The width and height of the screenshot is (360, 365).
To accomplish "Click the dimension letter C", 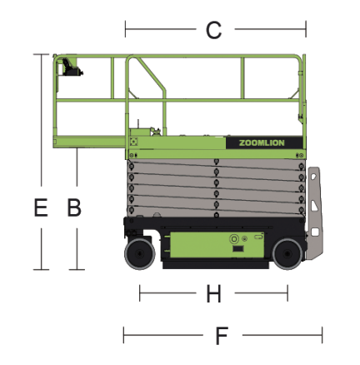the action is tap(213, 30).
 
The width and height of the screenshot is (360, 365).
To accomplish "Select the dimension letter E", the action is tap(41, 207).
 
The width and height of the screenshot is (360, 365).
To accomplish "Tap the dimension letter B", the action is tap(74, 207).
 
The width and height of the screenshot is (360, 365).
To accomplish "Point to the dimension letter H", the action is tap(213, 293).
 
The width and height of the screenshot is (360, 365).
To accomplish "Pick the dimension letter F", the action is tap(222, 336).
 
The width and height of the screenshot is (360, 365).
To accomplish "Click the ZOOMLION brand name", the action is tap(262, 143).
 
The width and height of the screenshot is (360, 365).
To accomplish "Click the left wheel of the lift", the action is tap(139, 254).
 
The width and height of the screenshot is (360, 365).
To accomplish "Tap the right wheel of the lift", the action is tap(287, 254).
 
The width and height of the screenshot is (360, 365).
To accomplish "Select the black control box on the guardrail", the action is tap(71, 67).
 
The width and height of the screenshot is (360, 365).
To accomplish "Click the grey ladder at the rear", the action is tap(315, 214).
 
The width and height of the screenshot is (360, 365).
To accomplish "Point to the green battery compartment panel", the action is tap(217, 245).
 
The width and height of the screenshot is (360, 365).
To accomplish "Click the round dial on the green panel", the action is tap(234, 239).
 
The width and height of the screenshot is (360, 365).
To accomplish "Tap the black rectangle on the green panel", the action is tap(237, 249).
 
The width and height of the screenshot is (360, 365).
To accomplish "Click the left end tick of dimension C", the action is tap(125, 29).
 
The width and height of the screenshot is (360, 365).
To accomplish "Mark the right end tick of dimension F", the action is tap(322, 335).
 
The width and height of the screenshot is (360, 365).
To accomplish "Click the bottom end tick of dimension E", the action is tap(41, 269).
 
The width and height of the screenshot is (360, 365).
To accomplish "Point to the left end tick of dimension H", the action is tap(139, 293).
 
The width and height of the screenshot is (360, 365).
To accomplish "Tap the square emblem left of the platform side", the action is tap(133, 142).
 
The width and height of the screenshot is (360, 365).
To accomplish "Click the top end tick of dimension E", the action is tap(41, 54).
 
